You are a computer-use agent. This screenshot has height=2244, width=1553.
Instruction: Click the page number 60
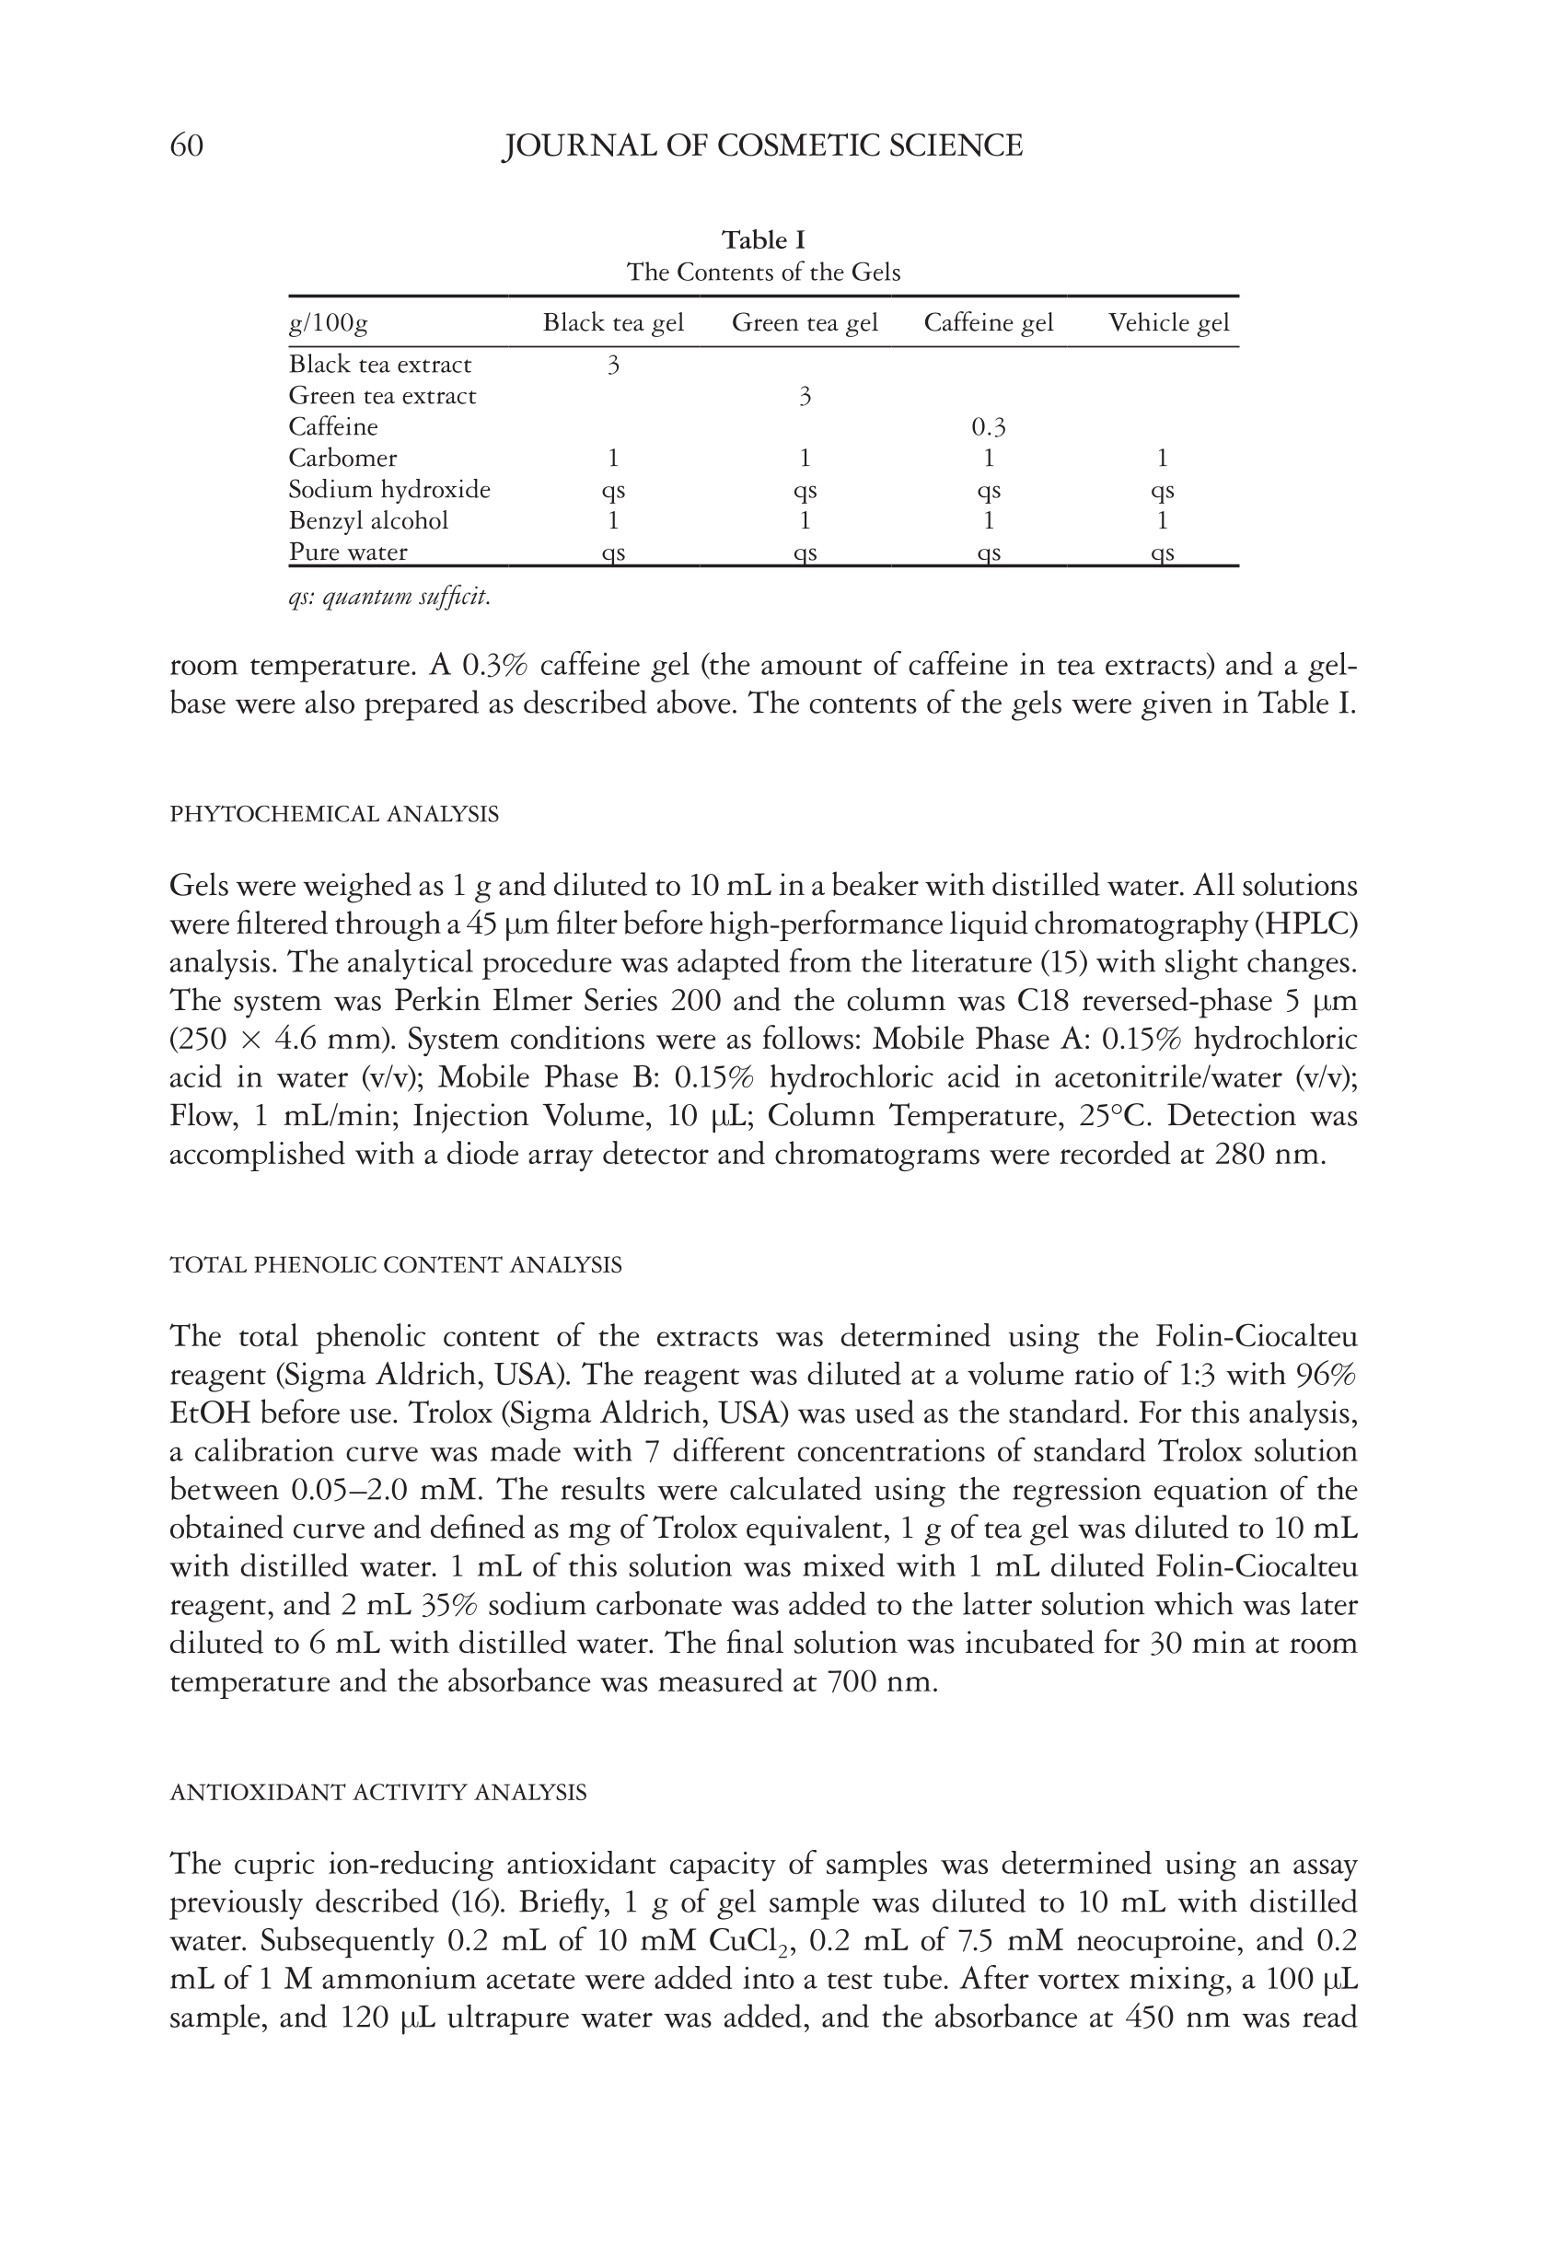point(187,146)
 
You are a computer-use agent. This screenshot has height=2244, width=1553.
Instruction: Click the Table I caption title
point(763,239)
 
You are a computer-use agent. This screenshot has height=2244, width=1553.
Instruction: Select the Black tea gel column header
point(613,323)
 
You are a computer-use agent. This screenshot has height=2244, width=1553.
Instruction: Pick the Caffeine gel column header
point(988,323)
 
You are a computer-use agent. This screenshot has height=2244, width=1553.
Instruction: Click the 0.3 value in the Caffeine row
point(988,427)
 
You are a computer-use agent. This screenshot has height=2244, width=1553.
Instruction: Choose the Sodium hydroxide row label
point(389,490)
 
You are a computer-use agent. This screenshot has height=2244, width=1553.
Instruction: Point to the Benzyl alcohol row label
point(369,520)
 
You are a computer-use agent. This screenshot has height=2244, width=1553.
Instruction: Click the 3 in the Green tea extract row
point(805,396)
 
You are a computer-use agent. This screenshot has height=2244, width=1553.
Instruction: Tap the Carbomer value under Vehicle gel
point(1162,459)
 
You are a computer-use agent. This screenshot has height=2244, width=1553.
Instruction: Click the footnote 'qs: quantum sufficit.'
point(389,597)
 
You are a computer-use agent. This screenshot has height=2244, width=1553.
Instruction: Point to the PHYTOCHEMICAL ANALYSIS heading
point(334,815)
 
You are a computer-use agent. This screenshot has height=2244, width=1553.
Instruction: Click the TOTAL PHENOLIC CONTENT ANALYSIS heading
point(395,1265)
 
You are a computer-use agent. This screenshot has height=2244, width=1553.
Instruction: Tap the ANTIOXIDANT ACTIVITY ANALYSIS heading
point(377,1793)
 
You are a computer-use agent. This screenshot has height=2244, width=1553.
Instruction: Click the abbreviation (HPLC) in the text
point(1304,924)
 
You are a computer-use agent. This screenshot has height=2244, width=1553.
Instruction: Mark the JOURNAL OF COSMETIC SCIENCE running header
point(762,146)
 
